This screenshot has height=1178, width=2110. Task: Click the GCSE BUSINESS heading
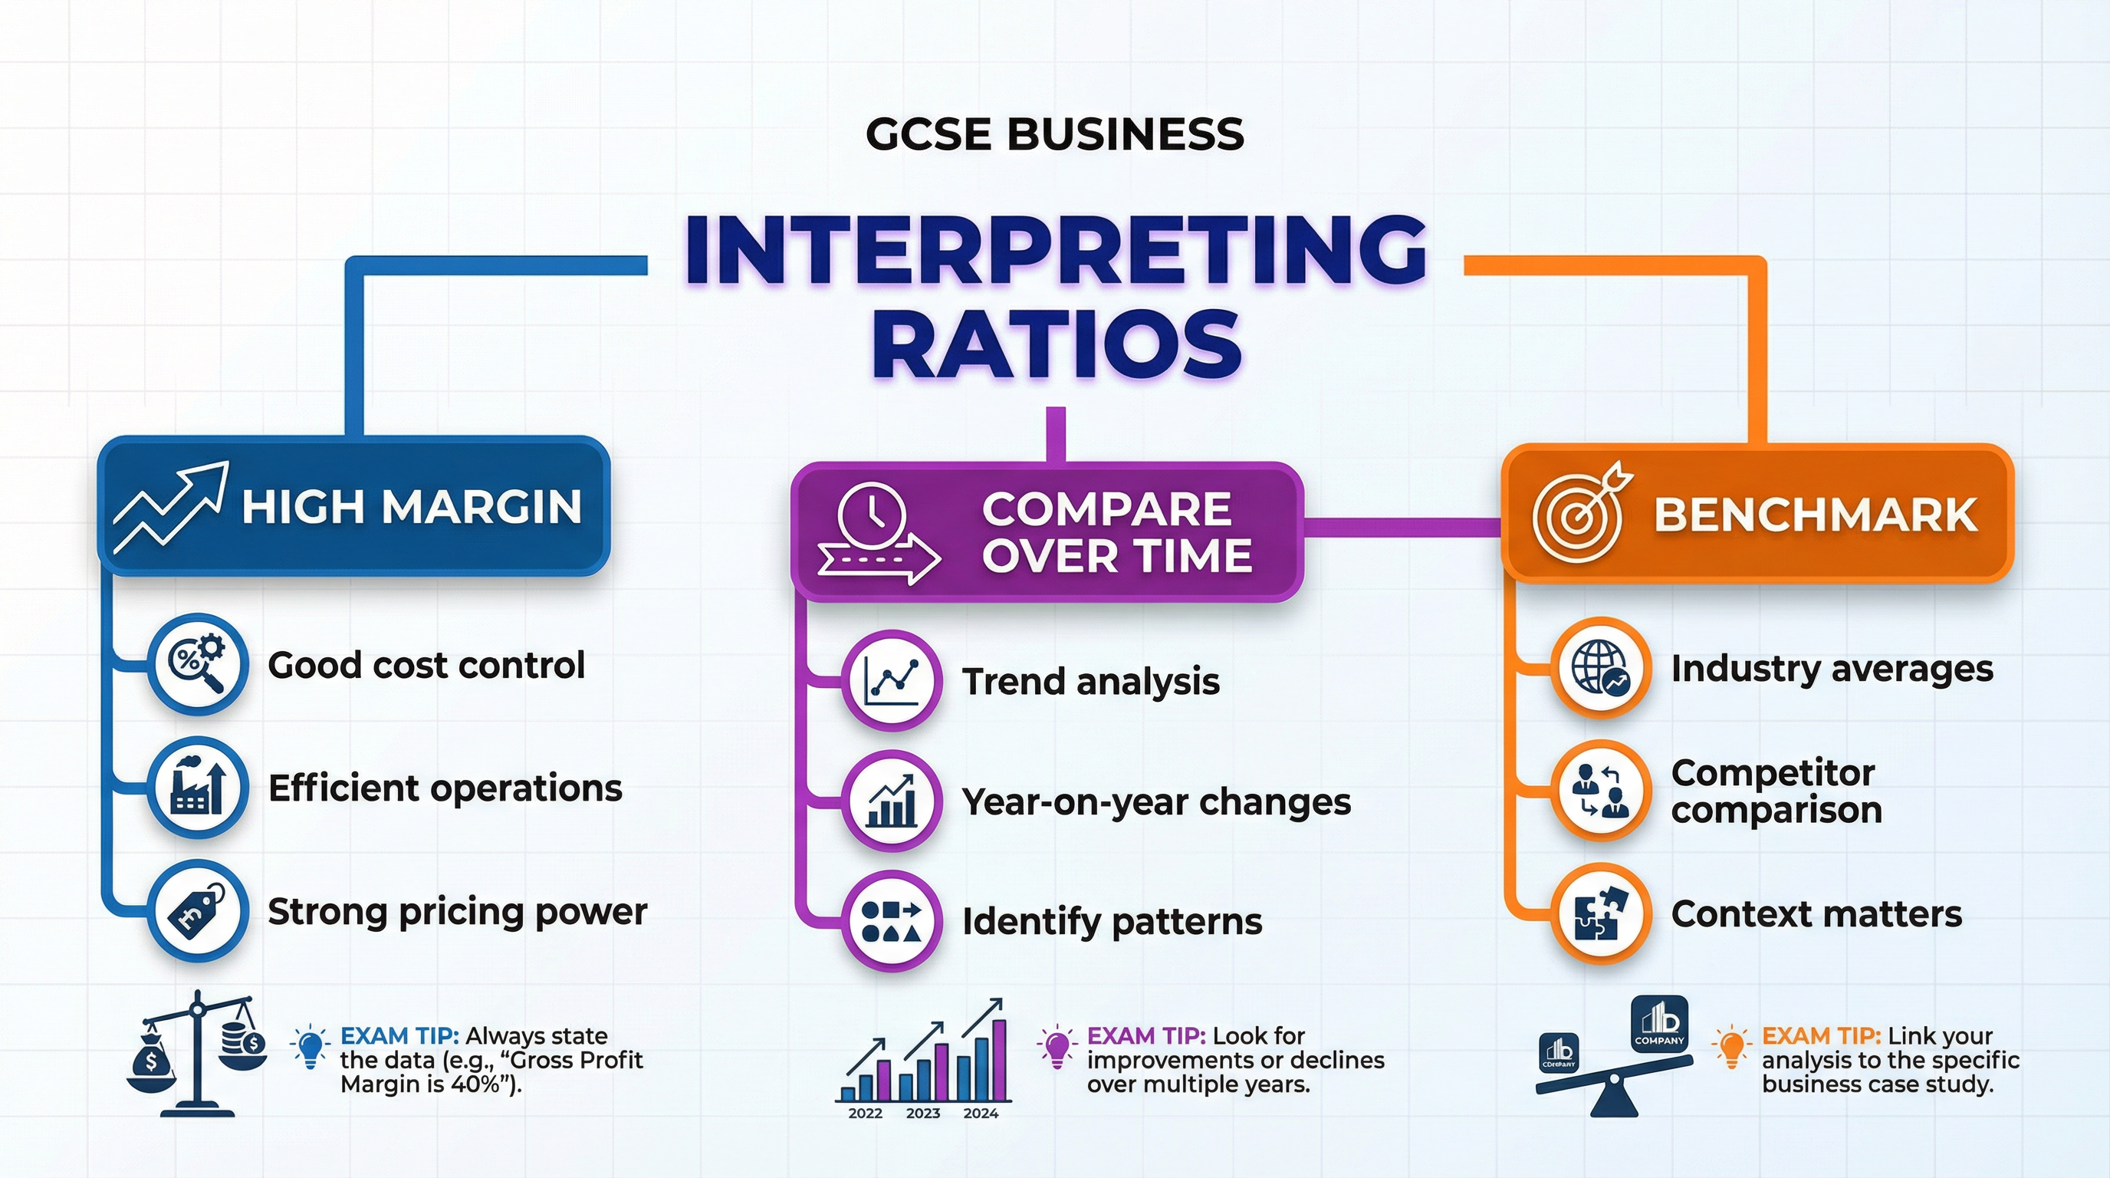[x=1054, y=134]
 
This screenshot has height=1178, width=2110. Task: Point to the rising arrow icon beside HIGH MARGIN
[x=170, y=507]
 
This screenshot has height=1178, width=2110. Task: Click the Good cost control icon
[x=197, y=663]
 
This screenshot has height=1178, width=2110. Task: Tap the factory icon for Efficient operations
[x=197, y=787]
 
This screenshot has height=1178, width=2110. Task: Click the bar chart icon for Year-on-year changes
[x=891, y=801]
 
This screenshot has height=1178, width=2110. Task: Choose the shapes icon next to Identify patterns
[x=891, y=921]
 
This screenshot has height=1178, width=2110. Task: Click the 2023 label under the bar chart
[x=923, y=1114]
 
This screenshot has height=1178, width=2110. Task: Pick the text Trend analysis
[x=1090, y=682]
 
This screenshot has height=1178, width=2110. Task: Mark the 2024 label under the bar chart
[x=981, y=1114]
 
